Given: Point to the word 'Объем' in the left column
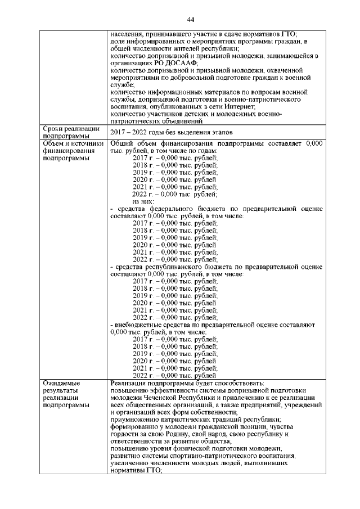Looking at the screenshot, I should point(55,144).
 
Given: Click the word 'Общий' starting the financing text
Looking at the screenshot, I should point(124,144).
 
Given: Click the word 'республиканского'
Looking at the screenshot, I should point(178,267).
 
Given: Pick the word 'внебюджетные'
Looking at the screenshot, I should point(136,325).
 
